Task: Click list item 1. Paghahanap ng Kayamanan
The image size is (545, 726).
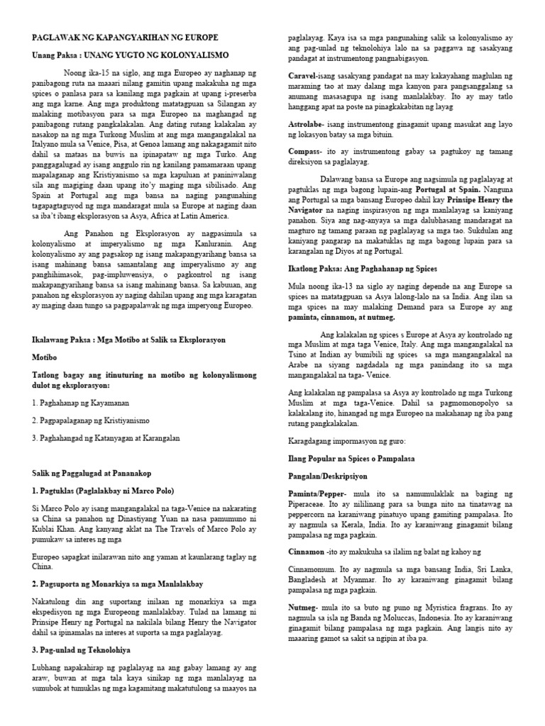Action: pyautogui.click(x=80, y=402)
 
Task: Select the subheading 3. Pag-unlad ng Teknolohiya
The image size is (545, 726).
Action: pyautogui.click(x=82, y=649)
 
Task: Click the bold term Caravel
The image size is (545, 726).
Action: pyautogui.click(x=303, y=75)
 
